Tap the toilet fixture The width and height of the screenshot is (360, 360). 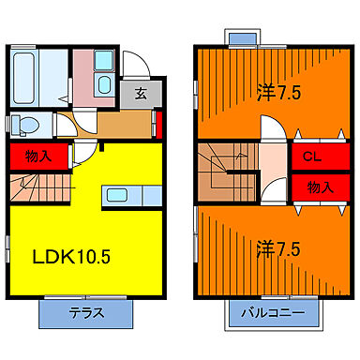[x=26, y=124]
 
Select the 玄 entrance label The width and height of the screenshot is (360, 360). [x=140, y=93]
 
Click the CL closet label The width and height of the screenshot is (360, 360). [x=307, y=158]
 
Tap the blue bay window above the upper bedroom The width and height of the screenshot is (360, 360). [x=242, y=37]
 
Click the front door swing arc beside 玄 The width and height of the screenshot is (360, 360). [x=133, y=66]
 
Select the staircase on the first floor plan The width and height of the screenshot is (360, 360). [x=33, y=187]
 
